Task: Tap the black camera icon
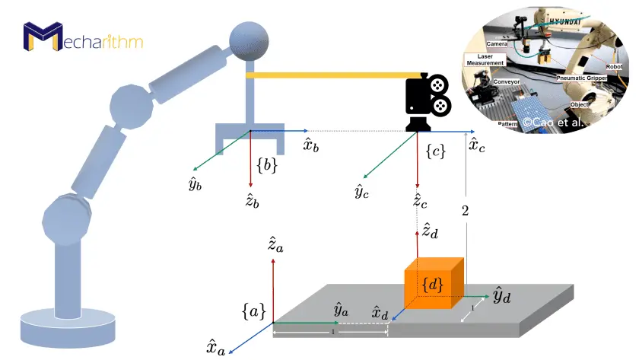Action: point(426,102)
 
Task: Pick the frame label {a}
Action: point(253,311)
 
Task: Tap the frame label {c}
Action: point(436,151)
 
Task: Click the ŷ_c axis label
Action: point(362,190)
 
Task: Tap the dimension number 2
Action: point(465,211)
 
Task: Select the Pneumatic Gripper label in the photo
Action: point(580,78)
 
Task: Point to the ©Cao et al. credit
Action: point(551,121)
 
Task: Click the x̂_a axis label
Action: point(215,348)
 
